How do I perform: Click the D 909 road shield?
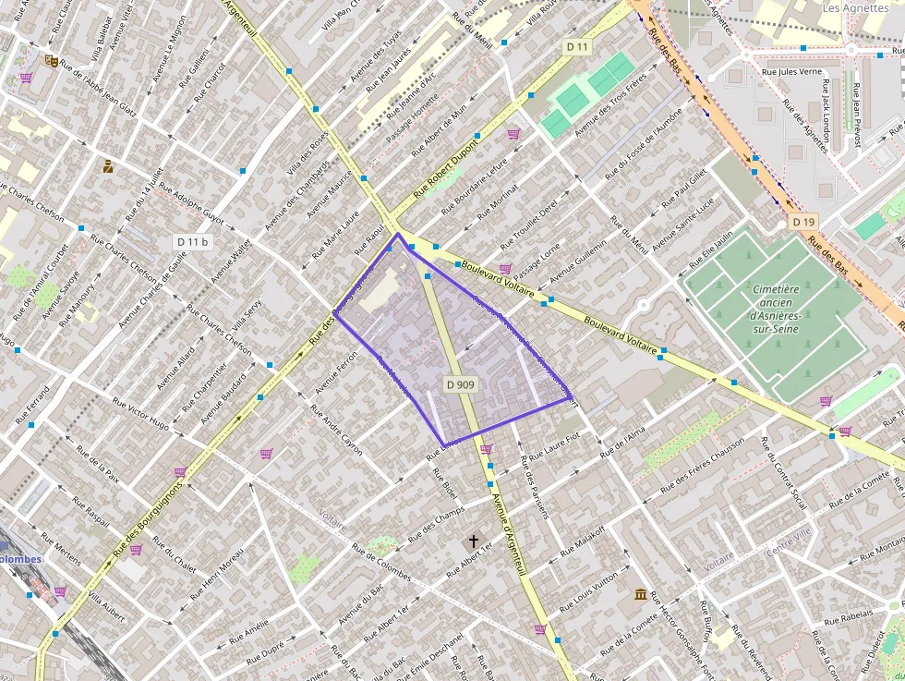coord(460,383)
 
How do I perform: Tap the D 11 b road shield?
coord(193,242)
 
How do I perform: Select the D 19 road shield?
coord(803,223)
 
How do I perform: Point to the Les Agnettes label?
coord(855,7)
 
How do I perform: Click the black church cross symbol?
coord(474,541)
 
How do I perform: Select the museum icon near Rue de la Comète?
coord(641,594)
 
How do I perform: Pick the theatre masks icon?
coord(53,60)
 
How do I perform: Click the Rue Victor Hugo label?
coord(141,415)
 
